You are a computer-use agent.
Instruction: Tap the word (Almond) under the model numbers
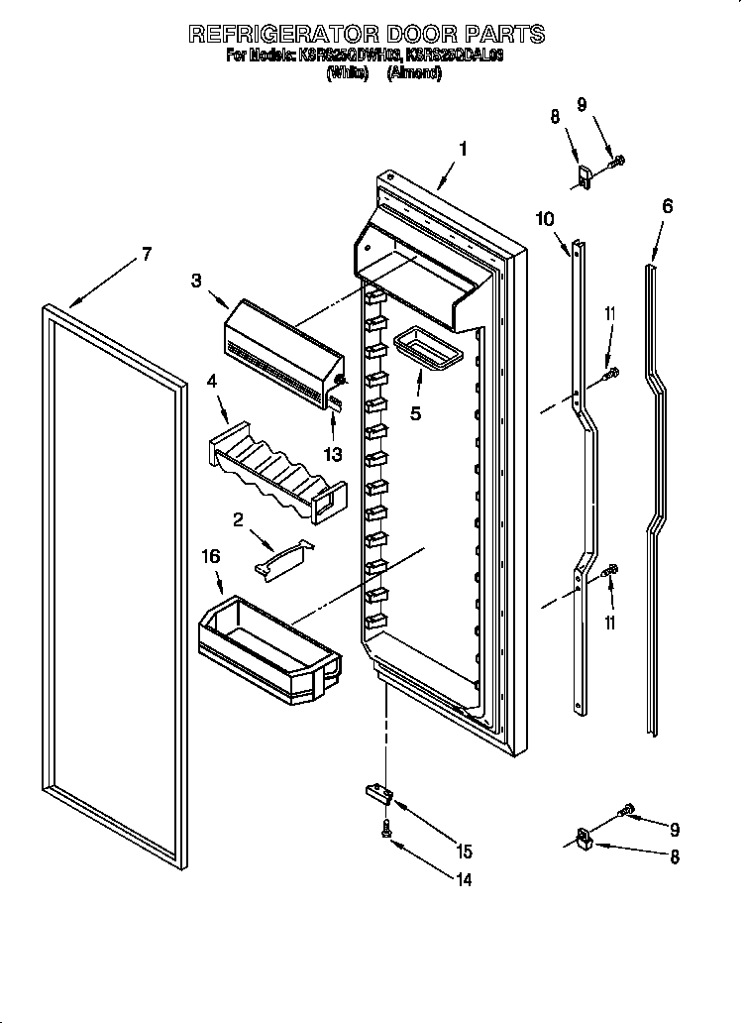(x=414, y=73)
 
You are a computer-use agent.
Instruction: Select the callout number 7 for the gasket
(x=146, y=255)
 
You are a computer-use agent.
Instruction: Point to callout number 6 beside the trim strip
(x=667, y=206)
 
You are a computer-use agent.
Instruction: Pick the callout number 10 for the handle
(x=546, y=219)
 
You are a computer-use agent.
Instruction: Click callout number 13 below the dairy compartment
(x=333, y=454)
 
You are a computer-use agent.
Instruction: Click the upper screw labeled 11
(x=612, y=374)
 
